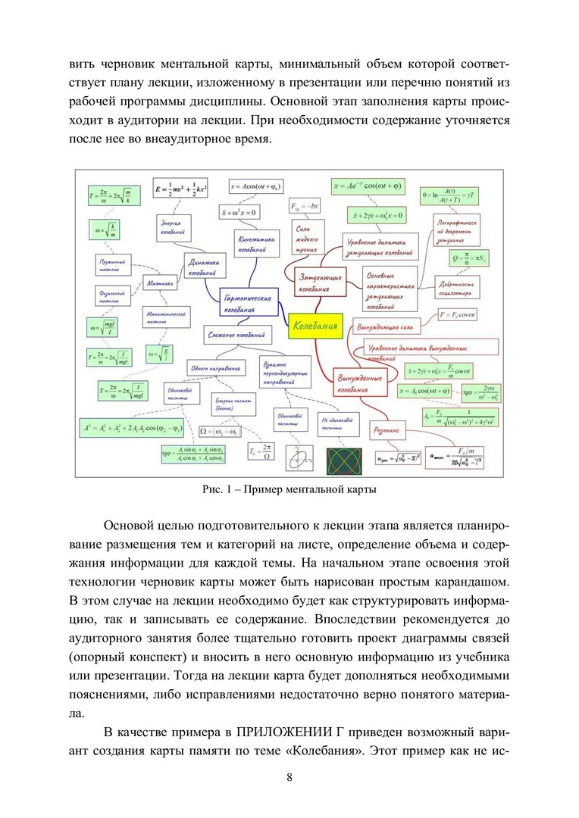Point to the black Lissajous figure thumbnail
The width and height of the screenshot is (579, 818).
coord(340,458)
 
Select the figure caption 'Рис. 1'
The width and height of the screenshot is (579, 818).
coord(289,489)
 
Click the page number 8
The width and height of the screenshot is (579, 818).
coord(289,777)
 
